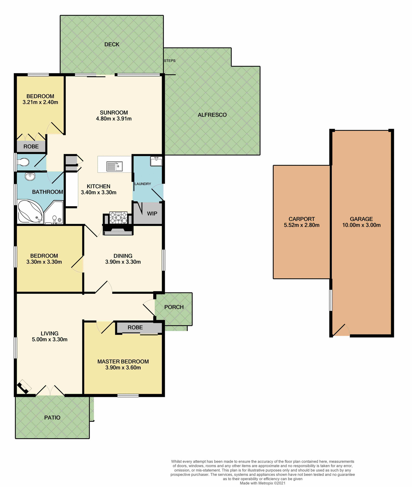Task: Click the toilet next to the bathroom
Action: point(24,162)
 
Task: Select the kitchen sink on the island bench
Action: point(114,166)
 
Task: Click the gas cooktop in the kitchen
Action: point(118,218)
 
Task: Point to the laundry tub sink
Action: point(156,161)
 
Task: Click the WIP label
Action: point(152,214)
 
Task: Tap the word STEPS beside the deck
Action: point(170,61)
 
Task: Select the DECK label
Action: point(112,44)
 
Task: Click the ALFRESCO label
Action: point(212,115)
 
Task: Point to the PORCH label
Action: point(174,307)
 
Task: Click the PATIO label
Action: point(52,418)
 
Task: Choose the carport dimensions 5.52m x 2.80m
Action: point(302,225)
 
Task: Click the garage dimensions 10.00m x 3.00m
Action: point(361,225)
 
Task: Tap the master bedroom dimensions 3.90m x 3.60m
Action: point(123,368)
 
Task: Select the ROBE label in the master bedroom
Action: point(135,327)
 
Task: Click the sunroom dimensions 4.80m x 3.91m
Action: point(114,118)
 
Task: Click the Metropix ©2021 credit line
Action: point(262,483)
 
